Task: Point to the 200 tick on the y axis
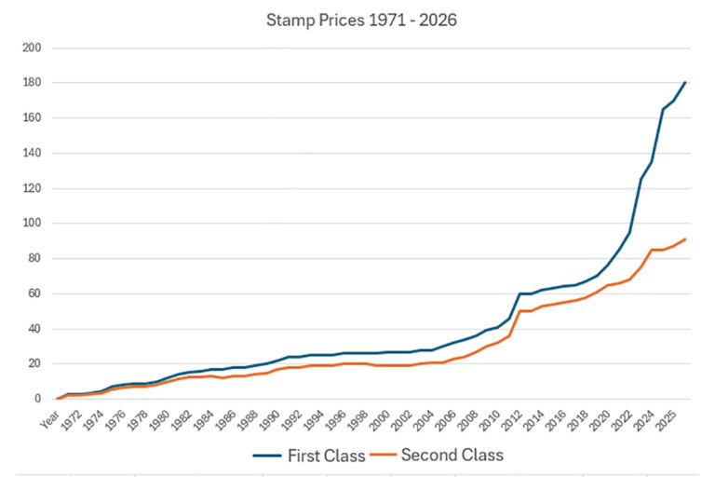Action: pyautogui.click(x=34, y=48)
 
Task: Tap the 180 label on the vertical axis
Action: pyautogui.click(x=34, y=83)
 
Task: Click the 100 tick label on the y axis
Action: pyautogui.click(x=34, y=224)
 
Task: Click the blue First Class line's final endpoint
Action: pyautogui.click(x=685, y=82)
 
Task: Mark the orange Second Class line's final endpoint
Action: pyautogui.click(x=685, y=239)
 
